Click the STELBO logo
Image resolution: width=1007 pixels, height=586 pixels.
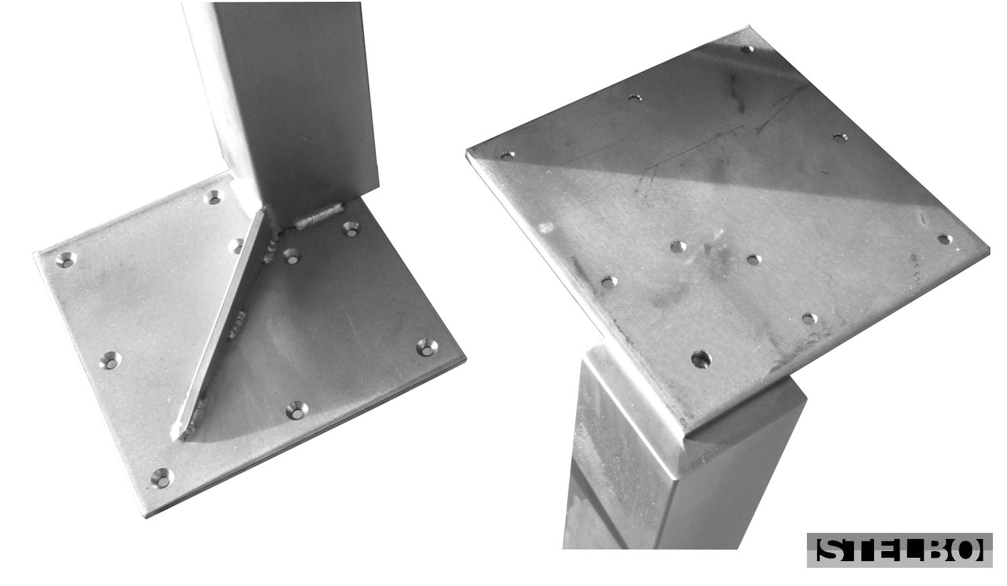coord(899,550)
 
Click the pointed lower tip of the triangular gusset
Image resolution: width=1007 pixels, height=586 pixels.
coord(176,437)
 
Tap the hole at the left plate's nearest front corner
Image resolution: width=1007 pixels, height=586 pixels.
coord(162,478)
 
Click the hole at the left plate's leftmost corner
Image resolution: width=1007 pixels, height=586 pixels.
coord(66,259)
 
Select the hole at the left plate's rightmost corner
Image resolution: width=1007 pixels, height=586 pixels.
coord(427,347)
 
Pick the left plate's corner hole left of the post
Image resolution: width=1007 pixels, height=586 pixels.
coord(213,197)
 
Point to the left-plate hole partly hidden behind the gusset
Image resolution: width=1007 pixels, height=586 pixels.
coord(236,246)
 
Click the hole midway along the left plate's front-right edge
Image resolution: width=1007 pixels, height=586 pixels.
coord(297,409)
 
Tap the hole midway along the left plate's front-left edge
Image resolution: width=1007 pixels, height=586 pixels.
coord(110,360)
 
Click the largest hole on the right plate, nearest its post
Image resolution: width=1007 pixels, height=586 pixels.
coord(702,359)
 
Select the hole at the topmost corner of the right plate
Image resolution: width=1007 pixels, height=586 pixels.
coord(747,48)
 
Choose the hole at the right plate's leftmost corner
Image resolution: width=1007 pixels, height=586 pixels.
coord(508,156)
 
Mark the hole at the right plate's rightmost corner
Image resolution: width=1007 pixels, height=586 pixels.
coord(945,239)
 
